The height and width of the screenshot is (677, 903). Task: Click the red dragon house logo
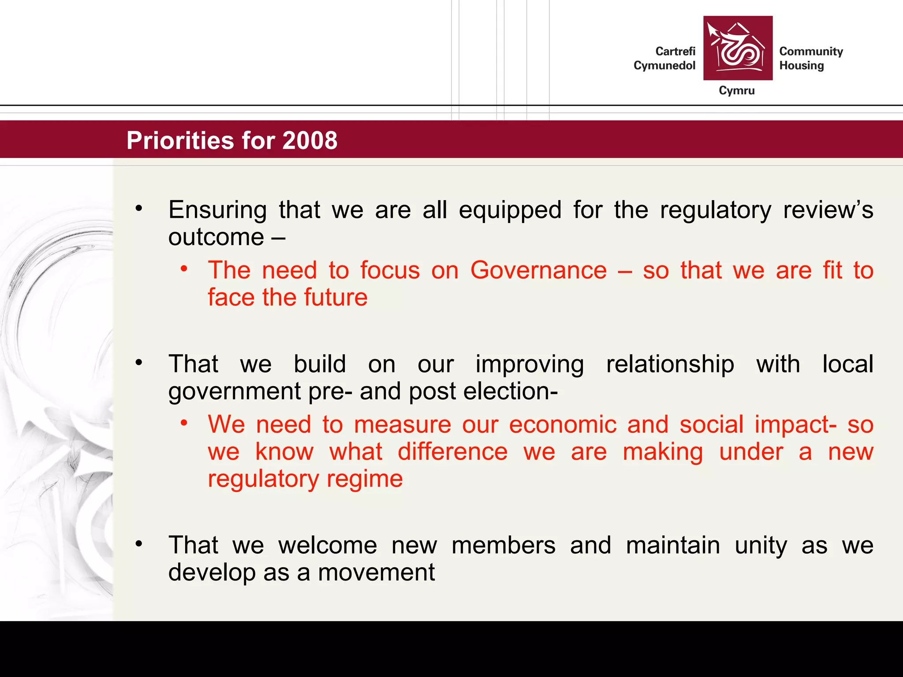(x=738, y=48)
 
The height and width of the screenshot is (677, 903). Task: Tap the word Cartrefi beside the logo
(x=675, y=52)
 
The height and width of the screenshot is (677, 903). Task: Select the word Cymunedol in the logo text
(x=664, y=66)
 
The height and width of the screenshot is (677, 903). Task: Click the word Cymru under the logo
(x=736, y=91)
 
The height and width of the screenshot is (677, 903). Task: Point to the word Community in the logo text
(x=811, y=52)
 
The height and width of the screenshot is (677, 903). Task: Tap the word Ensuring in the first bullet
(x=217, y=210)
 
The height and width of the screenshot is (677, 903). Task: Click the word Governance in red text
(x=538, y=270)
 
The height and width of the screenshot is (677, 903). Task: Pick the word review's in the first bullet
(x=828, y=210)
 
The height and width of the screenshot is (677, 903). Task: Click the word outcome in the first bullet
(x=216, y=237)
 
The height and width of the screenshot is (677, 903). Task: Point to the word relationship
(x=670, y=365)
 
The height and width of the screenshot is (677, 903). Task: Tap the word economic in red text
(x=563, y=425)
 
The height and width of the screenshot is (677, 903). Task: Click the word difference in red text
(x=452, y=452)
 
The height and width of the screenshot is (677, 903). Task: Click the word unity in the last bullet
(x=761, y=546)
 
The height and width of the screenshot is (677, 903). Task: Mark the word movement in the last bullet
(x=376, y=573)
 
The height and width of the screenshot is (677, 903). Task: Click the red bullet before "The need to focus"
(x=184, y=268)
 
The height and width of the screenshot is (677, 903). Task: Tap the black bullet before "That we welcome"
(x=139, y=544)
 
